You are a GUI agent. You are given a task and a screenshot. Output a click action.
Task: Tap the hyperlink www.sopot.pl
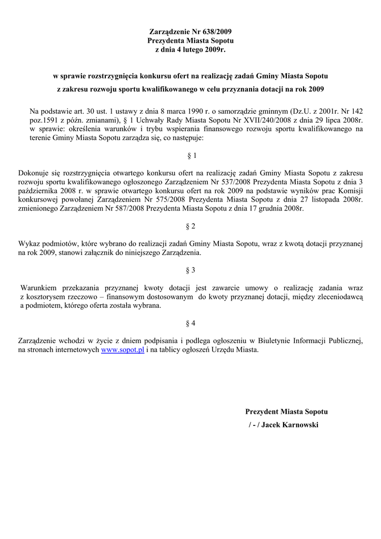pyautogui.click(x=123, y=350)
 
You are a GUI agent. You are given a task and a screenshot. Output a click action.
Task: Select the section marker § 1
pyautogui.click(x=192, y=156)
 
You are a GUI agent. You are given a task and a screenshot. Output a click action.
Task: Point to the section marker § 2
pyautogui.click(x=191, y=226)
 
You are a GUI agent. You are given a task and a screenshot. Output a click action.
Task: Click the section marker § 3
pyautogui.click(x=191, y=270)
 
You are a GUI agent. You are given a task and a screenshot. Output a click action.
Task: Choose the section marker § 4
pyautogui.click(x=191, y=323)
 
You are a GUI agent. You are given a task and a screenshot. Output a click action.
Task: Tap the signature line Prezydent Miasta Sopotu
pyautogui.click(x=286, y=411)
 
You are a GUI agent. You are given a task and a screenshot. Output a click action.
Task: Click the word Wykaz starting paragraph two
pyautogui.click(x=28, y=244)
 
